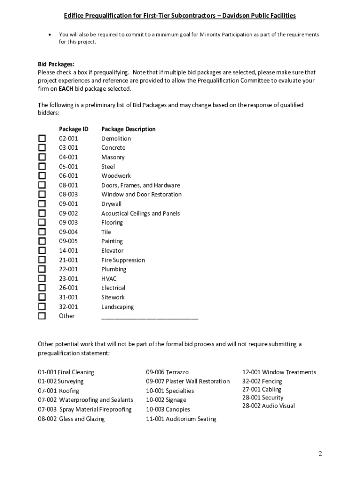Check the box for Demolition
(x=42, y=138)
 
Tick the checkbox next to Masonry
(x=42, y=157)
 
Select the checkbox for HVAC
(x=42, y=278)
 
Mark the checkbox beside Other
(x=42, y=316)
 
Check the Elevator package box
(x=42, y=250)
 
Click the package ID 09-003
(x=68, y=223)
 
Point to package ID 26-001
(x=68, y=288)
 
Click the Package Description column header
(x=129, y=129)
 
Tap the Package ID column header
(x=73, y=129)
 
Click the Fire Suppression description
(x=123, y=260)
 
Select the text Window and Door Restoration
(x=141, y=195)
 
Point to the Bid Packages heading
(x=56, y=64)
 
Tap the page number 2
(x=320, y=453)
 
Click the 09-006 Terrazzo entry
(x=167, y=372)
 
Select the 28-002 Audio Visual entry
(x=268, y=406)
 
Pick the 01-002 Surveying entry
(x=61, y=381)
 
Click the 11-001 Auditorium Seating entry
(x=181, y=419)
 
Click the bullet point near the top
(x=50, y=35)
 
